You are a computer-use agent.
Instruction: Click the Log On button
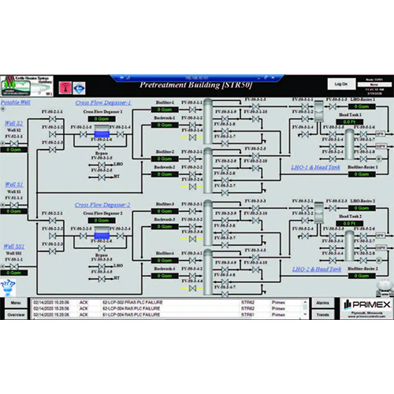coord(340,83)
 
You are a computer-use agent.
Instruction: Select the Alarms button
coord(323,302)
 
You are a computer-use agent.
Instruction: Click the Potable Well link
coord(17,102)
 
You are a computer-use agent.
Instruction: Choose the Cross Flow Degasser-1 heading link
coord(102,102)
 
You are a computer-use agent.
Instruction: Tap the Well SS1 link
coord(13,247)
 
